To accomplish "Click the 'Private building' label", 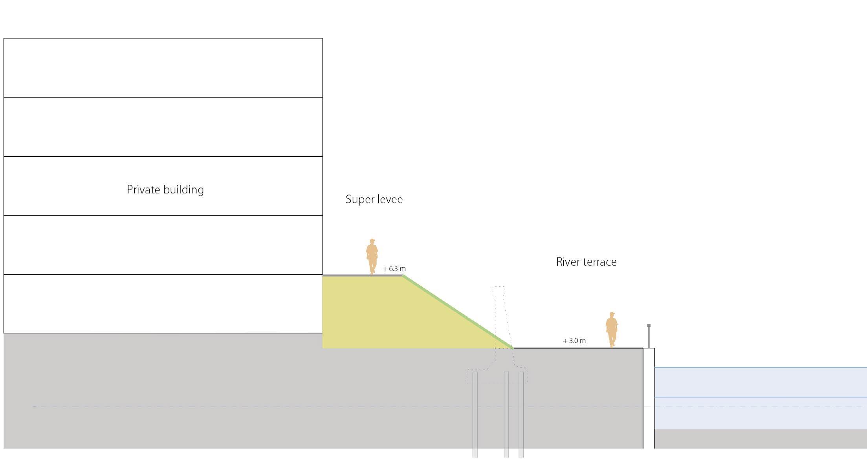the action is [165, 190].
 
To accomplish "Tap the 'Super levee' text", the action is [374, 199].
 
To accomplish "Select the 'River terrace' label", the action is [586, 262].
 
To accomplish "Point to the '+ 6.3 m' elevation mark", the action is [394, 269].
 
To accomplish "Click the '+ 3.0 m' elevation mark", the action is [574, 341].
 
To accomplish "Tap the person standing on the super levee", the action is [372, 256].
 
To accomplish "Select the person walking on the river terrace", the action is [611, 329].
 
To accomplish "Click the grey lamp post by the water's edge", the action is [649, 336].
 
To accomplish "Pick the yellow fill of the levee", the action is [377, 315].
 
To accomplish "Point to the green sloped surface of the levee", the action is [458, 312].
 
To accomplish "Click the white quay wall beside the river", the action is [649, 397].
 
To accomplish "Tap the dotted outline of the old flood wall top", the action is [499, 291].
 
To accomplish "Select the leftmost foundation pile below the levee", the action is [475, 413].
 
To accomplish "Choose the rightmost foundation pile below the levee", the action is [521, 413].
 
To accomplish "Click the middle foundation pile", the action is [506, 413].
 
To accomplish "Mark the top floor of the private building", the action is [163, 68].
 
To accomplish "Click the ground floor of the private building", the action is [163, 304].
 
